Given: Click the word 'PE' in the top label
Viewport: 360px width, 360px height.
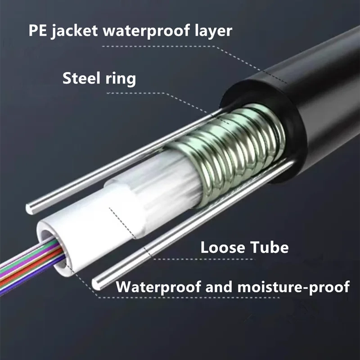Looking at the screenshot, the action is pyautogui.click(x=38, y=32).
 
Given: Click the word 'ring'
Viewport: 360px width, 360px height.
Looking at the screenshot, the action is pyautogui.click(x=121, y=79).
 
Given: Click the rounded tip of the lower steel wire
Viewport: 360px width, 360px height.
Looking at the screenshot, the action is pyautogui.click(x=97, y=283).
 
